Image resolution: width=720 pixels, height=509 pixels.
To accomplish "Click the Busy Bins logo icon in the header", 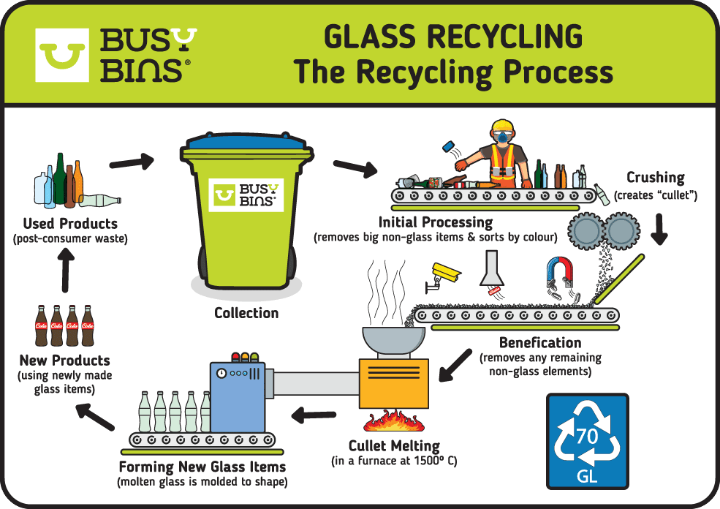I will point(62,55).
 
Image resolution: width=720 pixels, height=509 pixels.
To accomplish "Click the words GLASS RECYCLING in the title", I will point(452,37).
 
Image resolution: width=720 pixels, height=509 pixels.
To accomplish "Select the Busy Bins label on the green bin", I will point(246,194).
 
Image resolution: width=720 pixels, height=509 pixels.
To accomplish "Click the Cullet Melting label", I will point(395,445).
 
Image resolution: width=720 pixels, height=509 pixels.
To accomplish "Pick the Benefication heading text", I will point(540,342).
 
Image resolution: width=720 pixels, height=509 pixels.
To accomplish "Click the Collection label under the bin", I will point(246,312).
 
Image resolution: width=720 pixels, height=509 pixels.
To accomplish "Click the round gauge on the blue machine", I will point(221,372).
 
